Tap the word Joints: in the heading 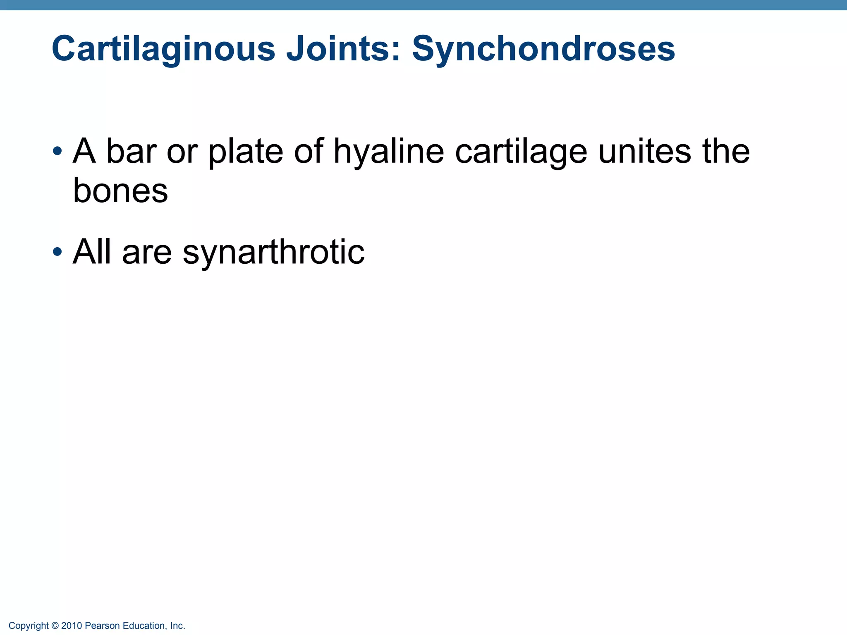(x=343, y=49)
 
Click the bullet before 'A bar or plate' (x=57, y=150)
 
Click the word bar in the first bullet (x=131, y=151)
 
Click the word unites (x=645, y=151)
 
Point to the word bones (x=120, y=191)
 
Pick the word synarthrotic (x=273, y=252)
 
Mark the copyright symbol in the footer (x=55, y=626)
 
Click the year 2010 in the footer (x=72, y=626)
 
